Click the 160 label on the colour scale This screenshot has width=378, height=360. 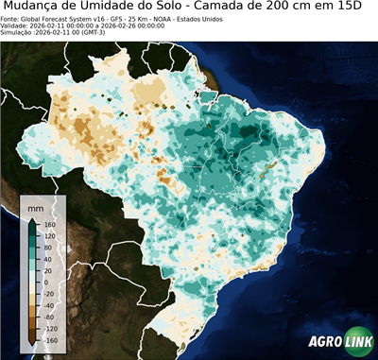coord(47,225)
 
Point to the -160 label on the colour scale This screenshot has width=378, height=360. coord(48,339)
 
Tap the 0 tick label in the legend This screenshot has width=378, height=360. coord(44,283)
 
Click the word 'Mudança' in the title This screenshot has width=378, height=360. coord(39,7)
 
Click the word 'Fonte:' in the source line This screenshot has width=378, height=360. coord(10,18)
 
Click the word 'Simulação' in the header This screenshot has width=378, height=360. coord(16,33)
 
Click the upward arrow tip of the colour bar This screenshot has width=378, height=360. coord(33,220)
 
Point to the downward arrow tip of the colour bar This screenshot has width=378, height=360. coord(33,344)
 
